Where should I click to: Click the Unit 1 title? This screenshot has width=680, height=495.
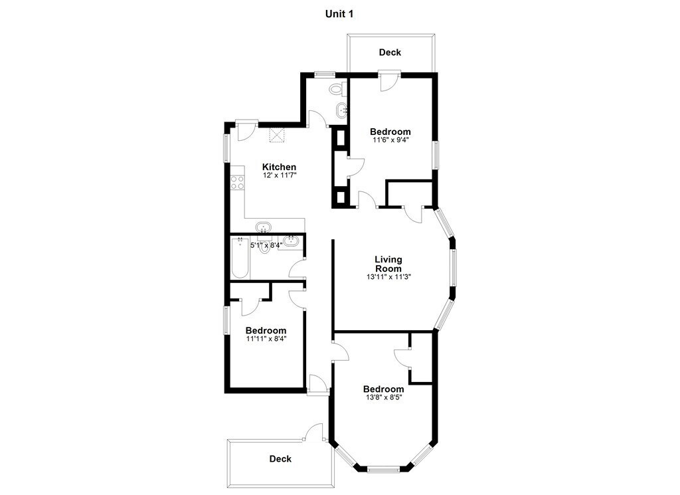tap(339, 13)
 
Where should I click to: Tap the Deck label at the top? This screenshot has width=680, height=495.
tap(390, 52)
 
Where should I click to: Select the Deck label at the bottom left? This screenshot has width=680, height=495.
tap(280, 458)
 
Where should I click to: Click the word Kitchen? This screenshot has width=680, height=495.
tap(279, 167)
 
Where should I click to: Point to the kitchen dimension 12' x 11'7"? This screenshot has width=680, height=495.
tap(279, 177)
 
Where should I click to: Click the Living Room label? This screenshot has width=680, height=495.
tap(388, 264)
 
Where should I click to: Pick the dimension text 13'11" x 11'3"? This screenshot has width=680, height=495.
tap(388, 278)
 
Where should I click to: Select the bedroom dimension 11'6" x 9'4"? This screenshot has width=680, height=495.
tap(390, 140)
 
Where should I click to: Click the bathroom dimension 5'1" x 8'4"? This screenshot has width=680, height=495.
tap(266, 245)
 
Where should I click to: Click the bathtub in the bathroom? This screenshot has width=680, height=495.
tap(239, 259)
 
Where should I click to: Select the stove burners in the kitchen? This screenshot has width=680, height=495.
tap(236, 182)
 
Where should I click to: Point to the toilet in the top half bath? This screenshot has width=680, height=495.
tap(336, 89)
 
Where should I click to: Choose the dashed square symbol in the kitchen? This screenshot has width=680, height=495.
tap(276, 135)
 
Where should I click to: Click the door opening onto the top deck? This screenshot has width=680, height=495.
tap(387, 80)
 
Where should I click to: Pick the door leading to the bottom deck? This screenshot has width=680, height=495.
tap(313, 435)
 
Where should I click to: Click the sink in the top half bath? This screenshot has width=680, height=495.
tap(341, 110)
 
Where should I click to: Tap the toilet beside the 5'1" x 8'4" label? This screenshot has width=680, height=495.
tap(265, 247)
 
